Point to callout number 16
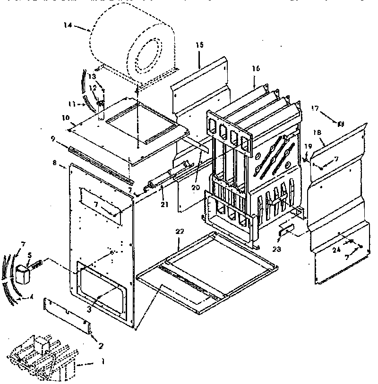pyautogui.click(x=256, y=68)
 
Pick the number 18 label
pyautogui.click(x=317, y=133)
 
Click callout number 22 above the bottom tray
pyautogui.click(x=180, y=232)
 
